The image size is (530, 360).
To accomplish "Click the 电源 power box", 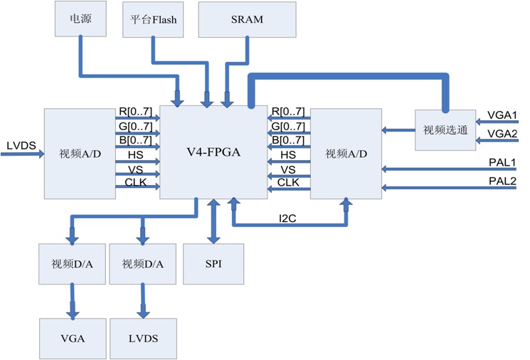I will (80, 18).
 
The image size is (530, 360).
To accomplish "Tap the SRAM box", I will (247, 19).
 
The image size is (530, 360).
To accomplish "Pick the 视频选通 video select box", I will (445, 130).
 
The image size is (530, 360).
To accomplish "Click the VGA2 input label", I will (502, 133).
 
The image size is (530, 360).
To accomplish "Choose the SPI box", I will (213, 264).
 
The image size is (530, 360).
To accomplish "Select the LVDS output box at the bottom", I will (144, 338).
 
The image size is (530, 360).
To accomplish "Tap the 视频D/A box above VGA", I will (71, 264).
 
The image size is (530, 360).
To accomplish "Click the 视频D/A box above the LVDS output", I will (143, 264).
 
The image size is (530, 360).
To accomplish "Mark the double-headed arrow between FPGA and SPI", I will (212, 221).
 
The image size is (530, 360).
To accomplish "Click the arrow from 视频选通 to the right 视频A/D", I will (398, 130).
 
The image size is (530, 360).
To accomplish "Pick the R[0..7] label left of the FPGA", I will (134, 112).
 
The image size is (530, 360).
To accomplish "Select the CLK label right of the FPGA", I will (289, 183).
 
